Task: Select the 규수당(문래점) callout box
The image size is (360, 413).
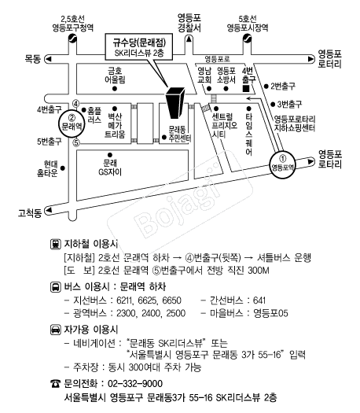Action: click(139, 46)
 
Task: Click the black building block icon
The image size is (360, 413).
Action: click(174, 103)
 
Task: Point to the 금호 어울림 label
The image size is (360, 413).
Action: click(115, 75)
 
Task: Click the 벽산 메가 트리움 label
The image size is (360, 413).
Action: click(115, 126)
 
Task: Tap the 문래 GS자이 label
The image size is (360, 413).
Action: click(110, 168)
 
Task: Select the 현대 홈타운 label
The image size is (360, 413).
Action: click(47, 168)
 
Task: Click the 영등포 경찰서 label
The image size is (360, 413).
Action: click(189, 23)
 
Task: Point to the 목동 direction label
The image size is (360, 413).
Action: click(33, 59)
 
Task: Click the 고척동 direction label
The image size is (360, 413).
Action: click(30, 213)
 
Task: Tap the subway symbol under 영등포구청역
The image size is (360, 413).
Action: click(72, 39)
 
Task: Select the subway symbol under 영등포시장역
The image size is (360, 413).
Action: click(247, 39)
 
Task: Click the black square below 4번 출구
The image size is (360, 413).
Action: click(246, 88)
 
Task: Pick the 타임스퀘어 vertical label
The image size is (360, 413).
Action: click(248, 135)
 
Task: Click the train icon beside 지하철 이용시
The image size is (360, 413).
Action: click(56, 244)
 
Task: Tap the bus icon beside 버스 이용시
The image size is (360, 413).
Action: click(56, 287)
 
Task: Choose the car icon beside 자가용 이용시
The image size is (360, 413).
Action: click(56, 330)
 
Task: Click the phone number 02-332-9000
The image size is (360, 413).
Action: click(135, 384)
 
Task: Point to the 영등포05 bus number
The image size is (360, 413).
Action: click(270, 313)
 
